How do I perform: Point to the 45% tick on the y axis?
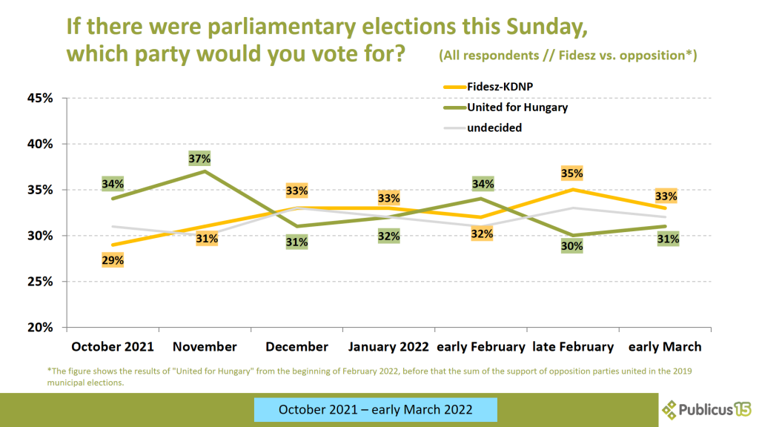coord(42,98)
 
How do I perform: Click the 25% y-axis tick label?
coord(42,282)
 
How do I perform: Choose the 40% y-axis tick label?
coord(42,144)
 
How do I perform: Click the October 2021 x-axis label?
coord(113,347)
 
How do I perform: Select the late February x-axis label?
coord(573,347)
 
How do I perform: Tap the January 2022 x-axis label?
coord(388,347)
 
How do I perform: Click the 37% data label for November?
coord(199,158)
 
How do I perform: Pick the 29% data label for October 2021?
coord(113,260)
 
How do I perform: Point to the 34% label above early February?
coord(481,184)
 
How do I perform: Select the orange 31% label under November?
coord(206,239)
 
